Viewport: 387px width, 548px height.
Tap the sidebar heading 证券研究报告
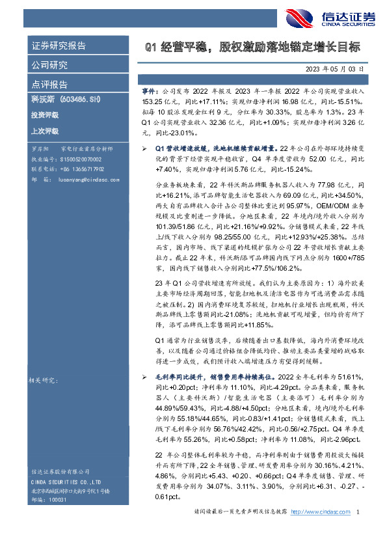59,46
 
